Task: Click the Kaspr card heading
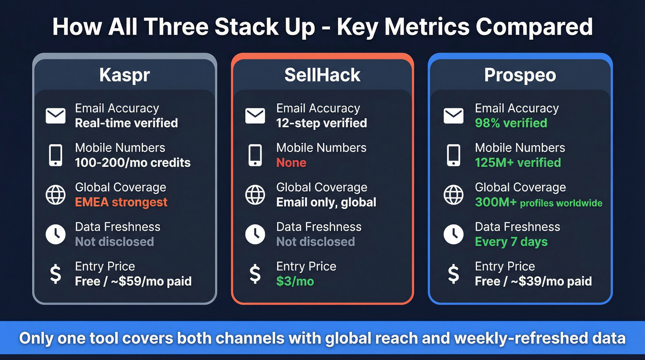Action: tap(124, 75)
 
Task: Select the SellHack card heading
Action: tap(322, 75)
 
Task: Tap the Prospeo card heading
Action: tap(520, 75)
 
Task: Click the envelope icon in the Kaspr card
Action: tap(55, 116)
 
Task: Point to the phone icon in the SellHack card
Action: tap(255, 155)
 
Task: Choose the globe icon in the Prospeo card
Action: tap(453, 195)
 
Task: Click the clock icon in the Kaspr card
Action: tap(55, 234)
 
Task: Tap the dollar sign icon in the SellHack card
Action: tap(255, 274)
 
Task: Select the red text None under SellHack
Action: tap(291, 163)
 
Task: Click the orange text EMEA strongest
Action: tap(121, 202)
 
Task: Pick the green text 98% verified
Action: tap(511, 123)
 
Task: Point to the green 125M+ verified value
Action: tap(518, 163)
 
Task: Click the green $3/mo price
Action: tap(295, 281)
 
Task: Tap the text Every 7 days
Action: tap(511, 242)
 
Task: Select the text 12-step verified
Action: tap(322, 123)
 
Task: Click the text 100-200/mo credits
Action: tap(133, 163)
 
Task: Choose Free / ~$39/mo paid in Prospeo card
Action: tap(533, 281)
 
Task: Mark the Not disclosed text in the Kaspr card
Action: tap(114, 242)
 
